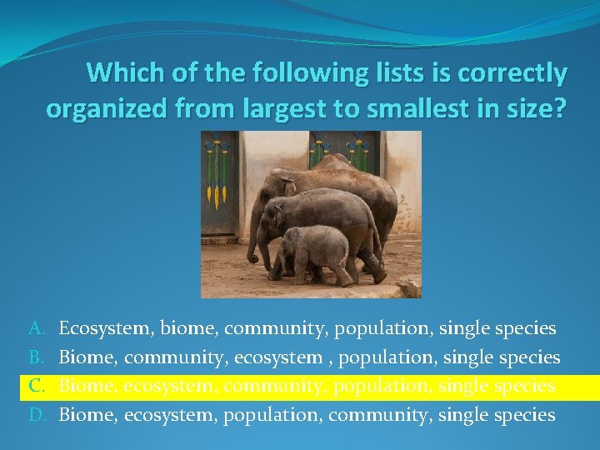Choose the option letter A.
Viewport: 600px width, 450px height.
[x=36, y=329]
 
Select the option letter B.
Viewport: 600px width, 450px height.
[x=36, y=357]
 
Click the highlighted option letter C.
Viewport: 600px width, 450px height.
[x=36, y=386]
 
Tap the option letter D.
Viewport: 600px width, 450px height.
[x=36, y=414]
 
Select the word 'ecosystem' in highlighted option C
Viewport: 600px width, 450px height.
[x=170, y=386]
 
